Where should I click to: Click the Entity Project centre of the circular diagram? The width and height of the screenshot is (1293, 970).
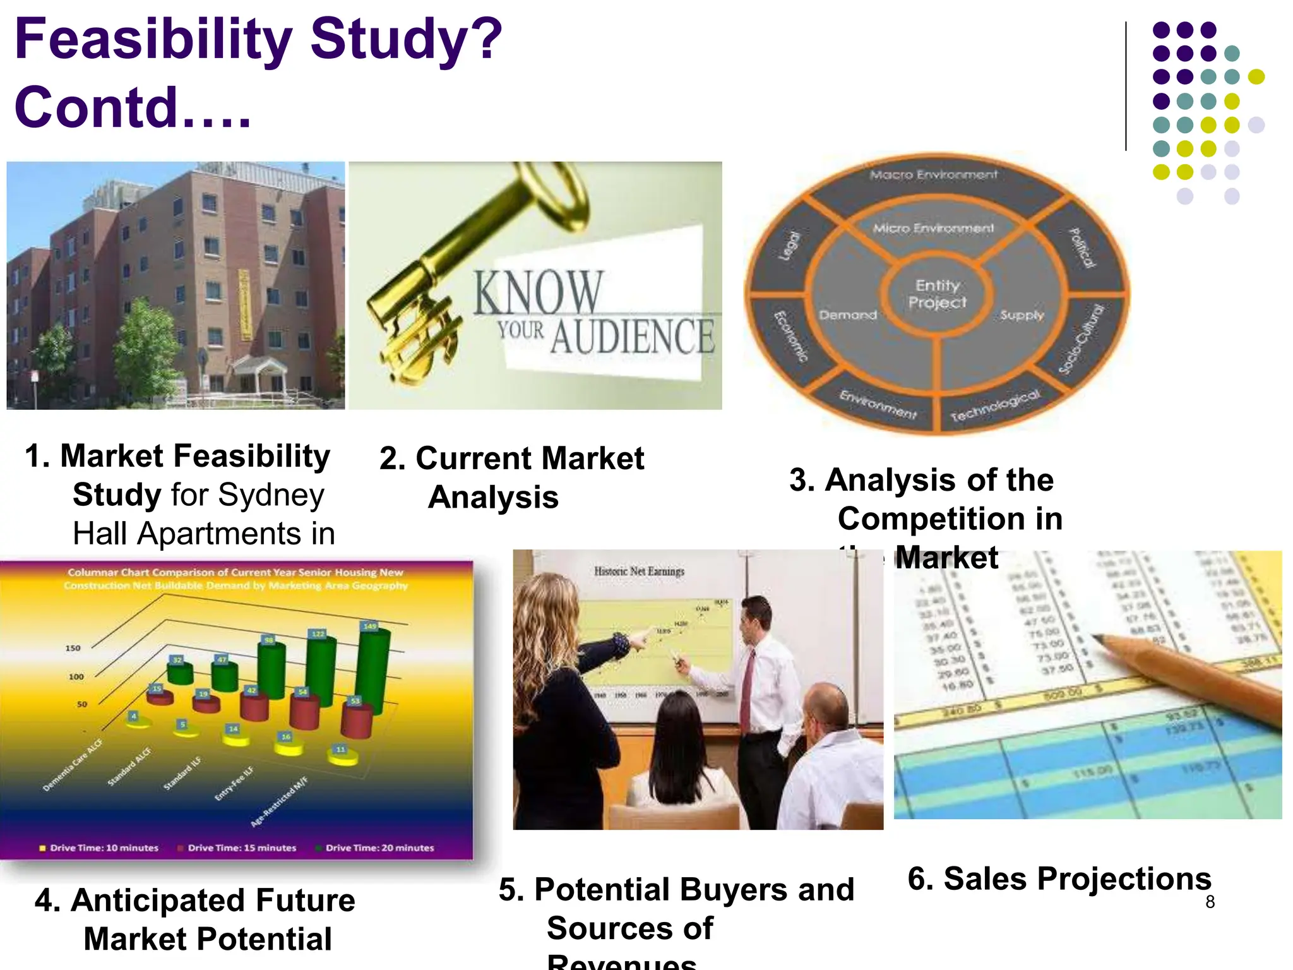tap(937, 294)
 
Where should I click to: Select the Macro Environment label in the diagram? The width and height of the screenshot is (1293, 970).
tap(933, 174)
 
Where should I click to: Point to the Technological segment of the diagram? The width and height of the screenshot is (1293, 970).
tap(995, 405)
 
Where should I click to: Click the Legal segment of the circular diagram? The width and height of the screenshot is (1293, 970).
tap(789, 246)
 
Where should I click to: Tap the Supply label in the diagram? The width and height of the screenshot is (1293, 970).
tap(1022, 314)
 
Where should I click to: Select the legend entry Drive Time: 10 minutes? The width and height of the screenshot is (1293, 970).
tap(104, 847)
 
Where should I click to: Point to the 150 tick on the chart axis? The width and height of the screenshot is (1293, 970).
tap(73, 648)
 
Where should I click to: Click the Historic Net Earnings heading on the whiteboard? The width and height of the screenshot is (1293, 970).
tap(639, 572)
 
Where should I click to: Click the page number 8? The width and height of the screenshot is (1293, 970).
tap(1210, 902)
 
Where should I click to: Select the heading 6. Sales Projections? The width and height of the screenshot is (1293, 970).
tap(1059, 878)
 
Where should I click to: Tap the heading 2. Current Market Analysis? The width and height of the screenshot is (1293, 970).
tap(511, 477)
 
